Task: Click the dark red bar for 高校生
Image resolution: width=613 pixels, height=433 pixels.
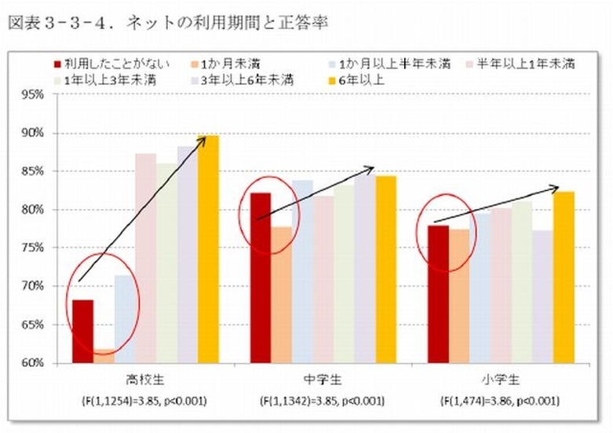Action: click(x=82, y=331)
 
